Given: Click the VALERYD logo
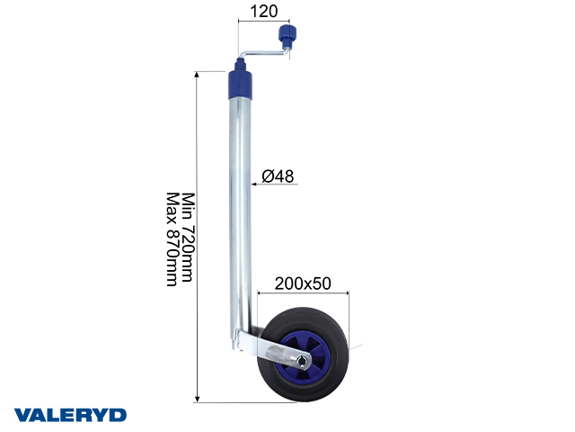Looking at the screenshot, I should (x=70, y=415).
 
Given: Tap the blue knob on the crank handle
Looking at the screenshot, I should (x=288, y=38).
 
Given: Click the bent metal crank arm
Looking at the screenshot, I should (x=266, y=55).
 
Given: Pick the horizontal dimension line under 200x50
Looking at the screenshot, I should (x=301, y=293).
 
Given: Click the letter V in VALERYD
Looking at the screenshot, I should (x=22, y=415).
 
